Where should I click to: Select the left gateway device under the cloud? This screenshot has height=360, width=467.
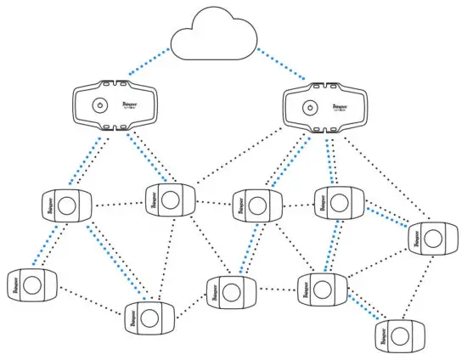(x=116, y=107)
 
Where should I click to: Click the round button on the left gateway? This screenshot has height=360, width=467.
(x=100, y=108)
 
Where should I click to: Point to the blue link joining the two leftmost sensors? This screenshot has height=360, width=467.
(x=48, y=245)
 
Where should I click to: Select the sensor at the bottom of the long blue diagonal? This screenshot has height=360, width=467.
(x=148, y=318)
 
